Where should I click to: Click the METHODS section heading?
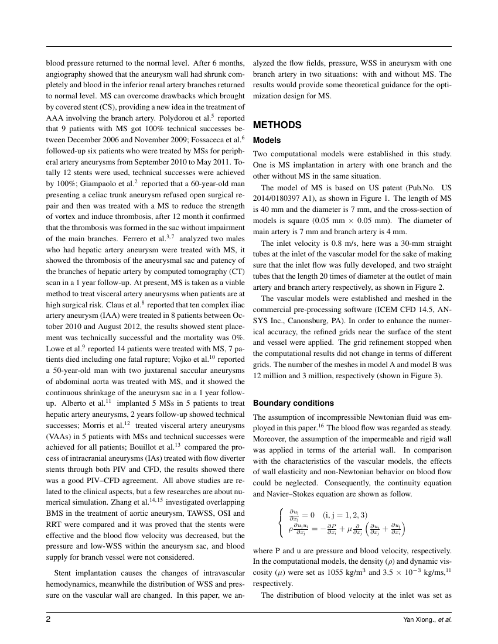pos(277,125)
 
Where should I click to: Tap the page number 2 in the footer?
pos(49,619)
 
